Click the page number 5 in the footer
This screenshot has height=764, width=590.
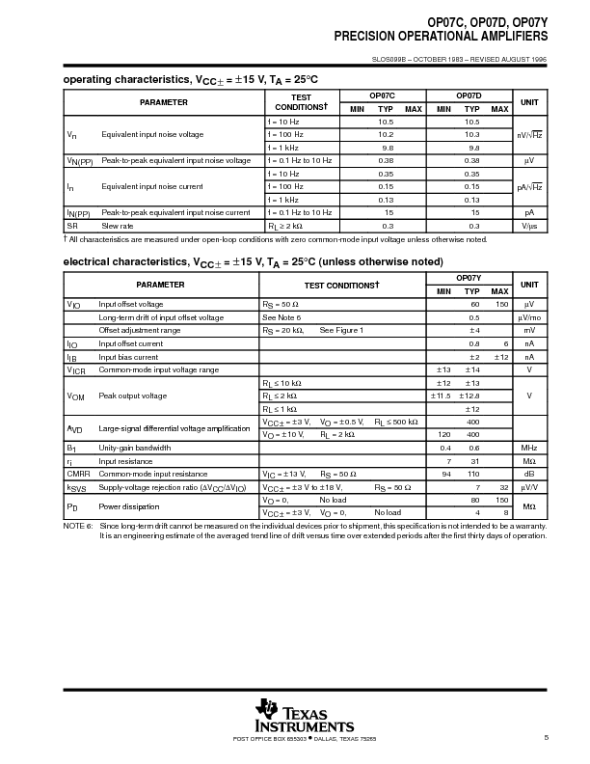click(x=546, y=739)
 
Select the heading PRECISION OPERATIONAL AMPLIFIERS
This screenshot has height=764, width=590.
click(x=441, y=36)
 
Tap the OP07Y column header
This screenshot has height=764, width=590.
click(x=469, y=278)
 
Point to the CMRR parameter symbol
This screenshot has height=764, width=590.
click(x=78, y=474)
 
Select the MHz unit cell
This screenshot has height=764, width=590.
click(x=529, y=448)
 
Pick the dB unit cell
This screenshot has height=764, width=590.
click(x=529, y=474)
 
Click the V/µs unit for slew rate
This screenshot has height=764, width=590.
click(x=529, y=225)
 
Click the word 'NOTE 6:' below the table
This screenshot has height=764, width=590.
click(x=78, y=527)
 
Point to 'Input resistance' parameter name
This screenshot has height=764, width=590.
click(x=126, y=461)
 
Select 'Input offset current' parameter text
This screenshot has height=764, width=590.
click(x=131, y=343)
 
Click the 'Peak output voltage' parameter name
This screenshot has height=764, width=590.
click(x=132, y=396)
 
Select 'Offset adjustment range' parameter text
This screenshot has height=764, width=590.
click(x=140, y=330)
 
